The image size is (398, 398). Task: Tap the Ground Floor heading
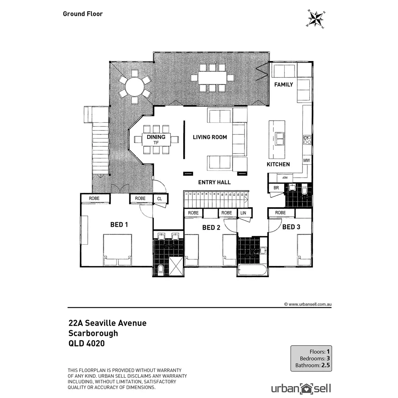pyautogui.click(x=83, y=14)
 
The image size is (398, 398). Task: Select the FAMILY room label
pyautogui.click(x=284, y=85)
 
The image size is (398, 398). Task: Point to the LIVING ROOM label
pyautogui.click(x=210, y=137)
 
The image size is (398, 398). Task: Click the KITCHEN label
pyautogui.click(x=278, y=164)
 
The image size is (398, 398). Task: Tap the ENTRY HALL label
pyautogui.click(x=214, y=182)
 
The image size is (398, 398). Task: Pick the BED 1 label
pyautogui.click(x=119, y=225)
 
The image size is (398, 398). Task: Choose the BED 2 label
pyautogui.click(x=211, y=228)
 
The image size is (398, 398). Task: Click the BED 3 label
pyautogui.click(x=291, y=227)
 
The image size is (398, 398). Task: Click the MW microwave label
pyautogui.click(x=306, y=161)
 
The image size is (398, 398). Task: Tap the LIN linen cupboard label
pyautogui.click(x=243, y=213)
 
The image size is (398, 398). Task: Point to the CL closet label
pyautogui.click(x=160, y=199)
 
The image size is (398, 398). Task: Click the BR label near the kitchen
pyautogui.click(x=276, y=188)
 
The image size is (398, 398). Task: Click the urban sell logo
pyautogui.click(x=301, y=388)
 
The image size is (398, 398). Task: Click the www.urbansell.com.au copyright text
pyautogui.click(x=308, y=304)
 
